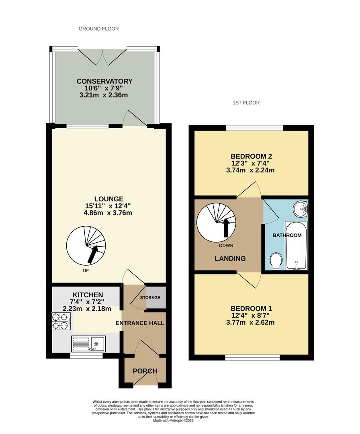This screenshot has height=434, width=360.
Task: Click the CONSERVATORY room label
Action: [104, 81]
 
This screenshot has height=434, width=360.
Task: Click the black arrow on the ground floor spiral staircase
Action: [93, 254]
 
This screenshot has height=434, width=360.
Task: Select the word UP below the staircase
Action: [86, 270]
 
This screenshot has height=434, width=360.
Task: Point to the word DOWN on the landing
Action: [226, 246]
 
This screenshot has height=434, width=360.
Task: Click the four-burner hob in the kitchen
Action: [61, 321]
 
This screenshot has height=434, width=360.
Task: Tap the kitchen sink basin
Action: [96, 344]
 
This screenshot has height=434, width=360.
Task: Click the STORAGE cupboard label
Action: [150, 297]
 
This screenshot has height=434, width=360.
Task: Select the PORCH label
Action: [145, 371]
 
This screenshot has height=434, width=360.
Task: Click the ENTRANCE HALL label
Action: [140, 323]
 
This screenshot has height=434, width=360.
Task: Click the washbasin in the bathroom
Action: [301, 209]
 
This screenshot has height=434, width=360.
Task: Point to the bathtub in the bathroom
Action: [296, 246]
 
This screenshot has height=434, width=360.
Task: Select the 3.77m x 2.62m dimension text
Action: [250, 322]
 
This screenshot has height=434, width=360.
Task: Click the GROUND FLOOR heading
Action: [98, 29]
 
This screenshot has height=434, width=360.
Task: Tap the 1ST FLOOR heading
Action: [246, 103]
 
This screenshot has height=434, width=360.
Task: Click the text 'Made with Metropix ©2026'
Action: [173, 420]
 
